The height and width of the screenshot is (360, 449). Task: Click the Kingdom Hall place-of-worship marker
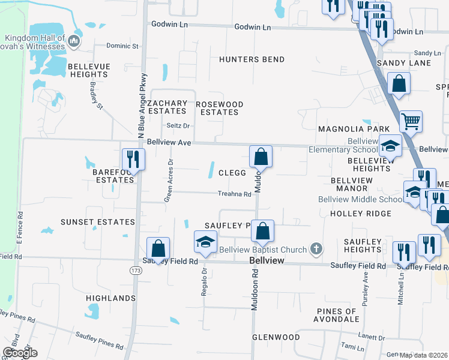point(74,41)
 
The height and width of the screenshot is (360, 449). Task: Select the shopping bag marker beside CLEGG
point(261,157)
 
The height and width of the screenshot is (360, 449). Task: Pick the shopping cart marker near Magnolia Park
point(411,121)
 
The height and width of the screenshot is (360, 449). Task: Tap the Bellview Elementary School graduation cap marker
point(390,146)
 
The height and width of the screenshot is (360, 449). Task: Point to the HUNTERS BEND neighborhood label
point(252,59)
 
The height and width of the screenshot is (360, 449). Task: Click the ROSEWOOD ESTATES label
point(220,109)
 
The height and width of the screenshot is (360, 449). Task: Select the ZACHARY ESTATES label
point(167,107)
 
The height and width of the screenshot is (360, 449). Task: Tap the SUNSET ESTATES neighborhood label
point(98,222)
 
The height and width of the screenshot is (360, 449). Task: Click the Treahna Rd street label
point(234,194)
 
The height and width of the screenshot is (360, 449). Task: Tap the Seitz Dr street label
point(178,126)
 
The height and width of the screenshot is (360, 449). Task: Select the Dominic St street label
point(122,46)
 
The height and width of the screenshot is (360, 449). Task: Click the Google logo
point(20,352)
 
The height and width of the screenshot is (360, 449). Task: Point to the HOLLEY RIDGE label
point(360,214)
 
